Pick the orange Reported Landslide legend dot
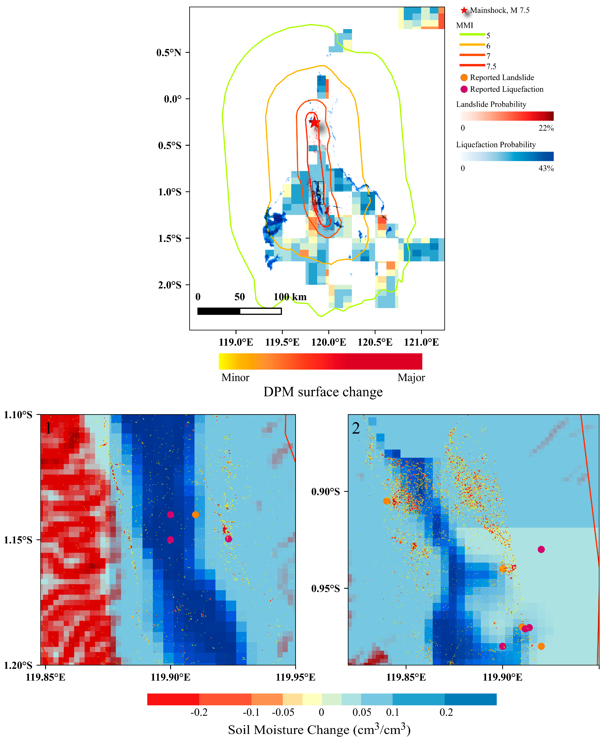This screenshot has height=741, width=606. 464,78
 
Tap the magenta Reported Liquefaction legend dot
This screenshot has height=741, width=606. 464,89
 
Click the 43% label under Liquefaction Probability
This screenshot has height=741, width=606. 546,168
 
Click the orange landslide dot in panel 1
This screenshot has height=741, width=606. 195,515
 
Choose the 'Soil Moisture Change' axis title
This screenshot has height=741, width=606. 319,730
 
